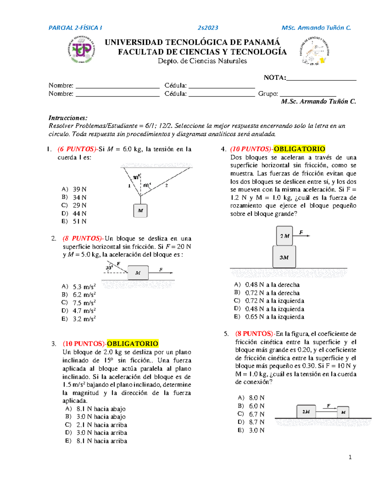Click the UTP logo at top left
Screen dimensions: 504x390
pos(81,50)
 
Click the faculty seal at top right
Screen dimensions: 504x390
pos(315,51)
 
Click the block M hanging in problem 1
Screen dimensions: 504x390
pos(140,211)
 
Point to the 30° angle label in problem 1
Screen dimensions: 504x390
pos(136,177)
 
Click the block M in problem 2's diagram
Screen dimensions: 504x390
pos(138,273)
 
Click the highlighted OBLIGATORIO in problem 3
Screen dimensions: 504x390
pos(133,344)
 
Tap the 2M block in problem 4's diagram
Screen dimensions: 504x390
pos(284,236)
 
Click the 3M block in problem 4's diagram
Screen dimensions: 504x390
pos(284,257)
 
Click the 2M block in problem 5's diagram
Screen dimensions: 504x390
pos(306,412)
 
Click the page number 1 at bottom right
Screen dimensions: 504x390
pos(350,457)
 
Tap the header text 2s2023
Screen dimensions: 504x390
pos(208,28)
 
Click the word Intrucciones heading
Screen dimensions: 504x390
pos(68,118)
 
